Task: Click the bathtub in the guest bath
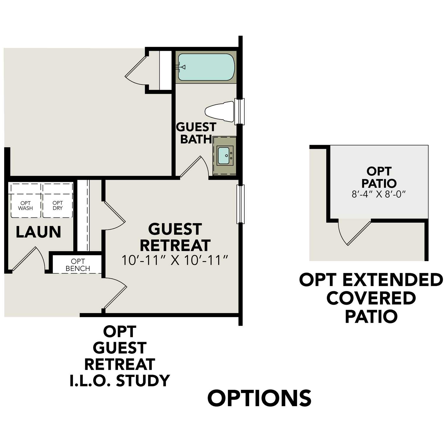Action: coord(206,67)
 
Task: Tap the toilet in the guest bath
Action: coord(220,112)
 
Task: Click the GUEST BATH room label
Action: coord(196,133)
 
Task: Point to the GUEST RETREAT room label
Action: coord(175,237)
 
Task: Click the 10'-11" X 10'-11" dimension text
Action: coord(175,260)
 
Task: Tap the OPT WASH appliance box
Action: coord(26,201)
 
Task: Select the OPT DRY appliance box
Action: coord(58,201)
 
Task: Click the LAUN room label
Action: coord(38,232)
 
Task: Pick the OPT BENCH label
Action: coord(78,265)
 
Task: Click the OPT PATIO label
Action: coord(379,177)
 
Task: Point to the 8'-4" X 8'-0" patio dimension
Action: coord(379,194)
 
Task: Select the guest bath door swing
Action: coord(194,168)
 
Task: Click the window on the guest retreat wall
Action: coord(240,204)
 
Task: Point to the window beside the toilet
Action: coord(239,112)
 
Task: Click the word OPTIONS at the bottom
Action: coord(259,398)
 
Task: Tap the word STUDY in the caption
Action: coord(143,381)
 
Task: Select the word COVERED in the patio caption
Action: coord(371,298)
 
